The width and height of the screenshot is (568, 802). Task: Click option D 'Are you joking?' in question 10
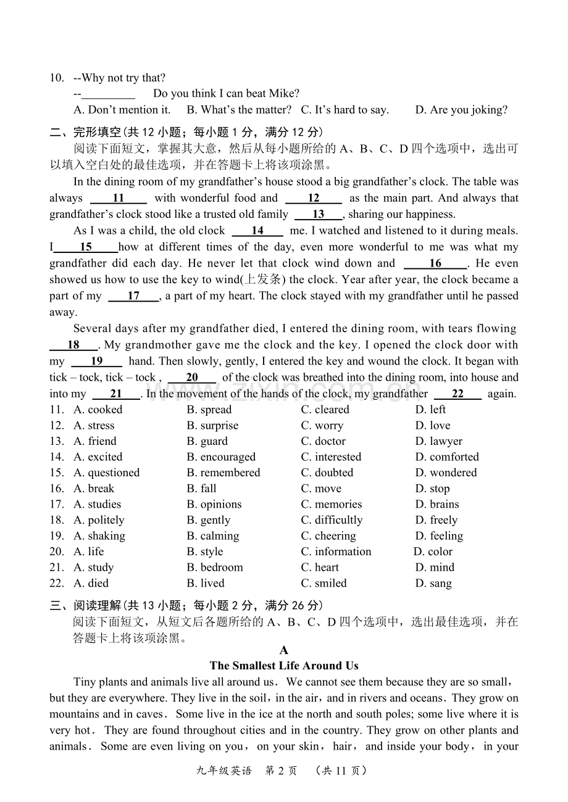[x=461, y=110]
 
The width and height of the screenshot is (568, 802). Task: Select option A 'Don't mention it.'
[x=122, y=110]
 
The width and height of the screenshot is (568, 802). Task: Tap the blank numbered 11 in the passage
[x=119, y=198]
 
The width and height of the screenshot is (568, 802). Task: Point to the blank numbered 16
[x=435, y=263]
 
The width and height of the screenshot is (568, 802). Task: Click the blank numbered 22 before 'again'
[x=457, y=394]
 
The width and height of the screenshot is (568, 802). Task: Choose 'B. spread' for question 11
[x=209, y=410]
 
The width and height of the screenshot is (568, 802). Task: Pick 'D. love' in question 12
[x=433, y=426]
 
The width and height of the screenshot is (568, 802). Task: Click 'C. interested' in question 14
[x=331, y=457]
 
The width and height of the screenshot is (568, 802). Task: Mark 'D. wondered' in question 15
[x=446, y=473]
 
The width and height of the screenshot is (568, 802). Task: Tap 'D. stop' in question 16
[x=432, y=489]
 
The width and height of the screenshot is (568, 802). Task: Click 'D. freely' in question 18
[x=436, y=520]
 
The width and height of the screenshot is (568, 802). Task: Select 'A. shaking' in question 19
[x=99, y=535]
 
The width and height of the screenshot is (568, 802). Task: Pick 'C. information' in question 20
[x=336, y=552]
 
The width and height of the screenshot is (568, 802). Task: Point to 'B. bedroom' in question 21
[x=215, y=568]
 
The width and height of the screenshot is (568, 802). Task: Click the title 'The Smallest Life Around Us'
[x=284, y=666]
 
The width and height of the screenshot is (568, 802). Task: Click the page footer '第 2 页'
[x=281, y=771]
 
